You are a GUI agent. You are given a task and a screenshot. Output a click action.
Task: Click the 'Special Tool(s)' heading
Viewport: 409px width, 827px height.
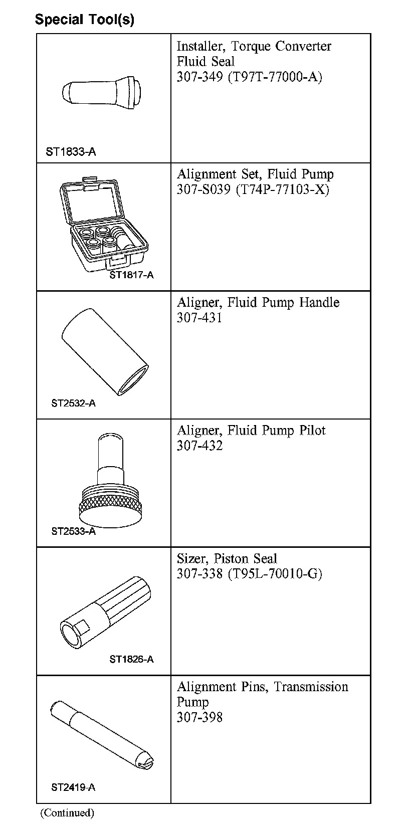84,20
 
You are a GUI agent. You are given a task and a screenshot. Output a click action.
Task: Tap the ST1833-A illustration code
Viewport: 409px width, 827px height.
71,152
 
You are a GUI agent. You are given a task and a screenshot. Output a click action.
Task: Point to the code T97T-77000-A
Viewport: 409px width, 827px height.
275,77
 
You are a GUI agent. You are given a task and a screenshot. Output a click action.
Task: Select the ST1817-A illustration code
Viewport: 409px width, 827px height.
132,275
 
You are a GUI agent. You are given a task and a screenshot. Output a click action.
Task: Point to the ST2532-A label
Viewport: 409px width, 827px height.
73,403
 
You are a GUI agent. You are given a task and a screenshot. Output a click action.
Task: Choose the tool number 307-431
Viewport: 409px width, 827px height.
199,318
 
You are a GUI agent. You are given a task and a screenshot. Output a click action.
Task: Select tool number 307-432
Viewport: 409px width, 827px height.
199,446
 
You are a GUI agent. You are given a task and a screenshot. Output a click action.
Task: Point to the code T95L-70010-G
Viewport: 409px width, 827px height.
275,574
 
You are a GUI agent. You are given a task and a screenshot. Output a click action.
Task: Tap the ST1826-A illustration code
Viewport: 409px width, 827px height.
132,659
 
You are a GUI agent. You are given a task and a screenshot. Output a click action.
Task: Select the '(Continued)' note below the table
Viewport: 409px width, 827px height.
67,812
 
